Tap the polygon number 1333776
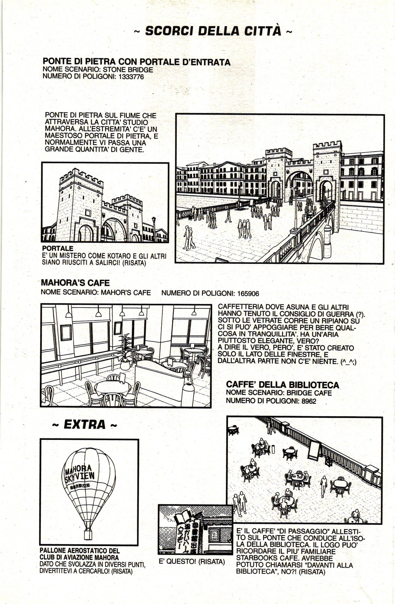tap(131, 77)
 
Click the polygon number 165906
tap(248, 294)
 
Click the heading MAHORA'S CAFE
tap(75, 283)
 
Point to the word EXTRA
tap(84, 425)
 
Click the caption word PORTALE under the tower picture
tap(58, 248)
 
